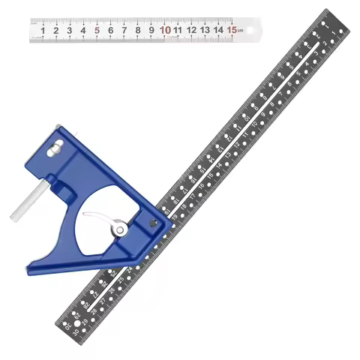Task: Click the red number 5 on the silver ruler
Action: point(97,31)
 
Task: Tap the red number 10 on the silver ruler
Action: point(165,31)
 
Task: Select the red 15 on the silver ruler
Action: point(233,30)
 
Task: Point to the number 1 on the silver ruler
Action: point(43,31)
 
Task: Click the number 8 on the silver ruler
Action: point(138,31)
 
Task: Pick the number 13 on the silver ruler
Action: point(205,31)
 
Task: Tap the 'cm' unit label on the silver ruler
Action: point(242,31)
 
